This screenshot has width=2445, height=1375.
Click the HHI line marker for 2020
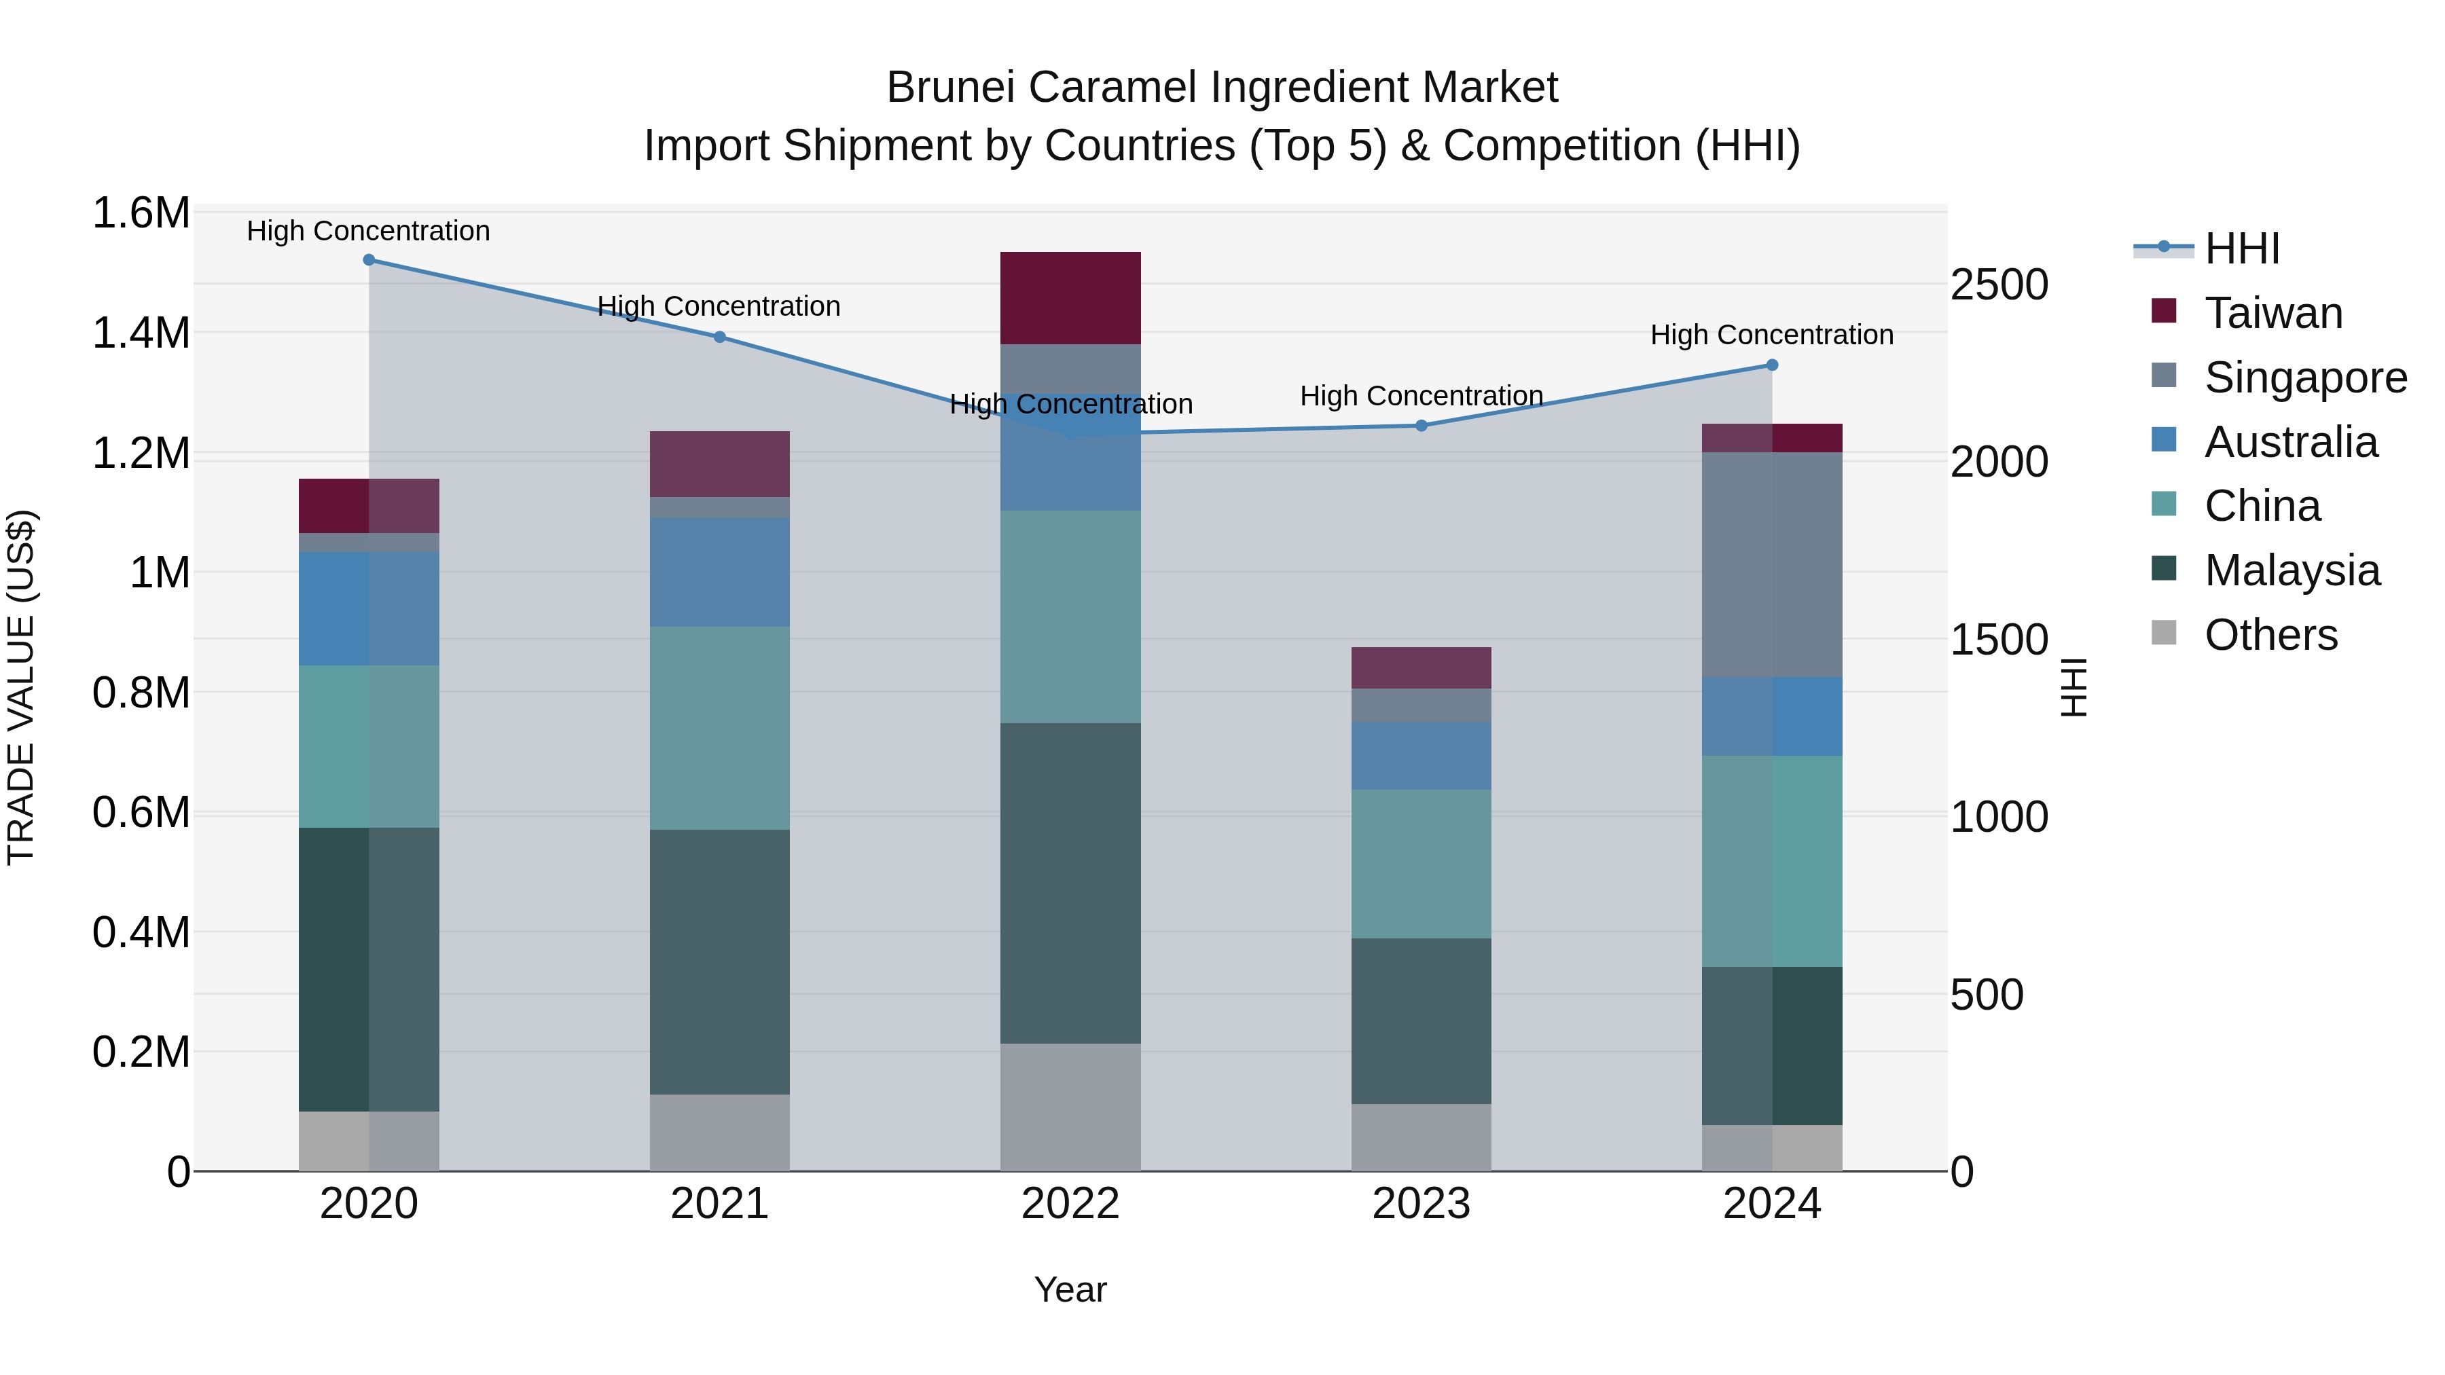pos(369,260)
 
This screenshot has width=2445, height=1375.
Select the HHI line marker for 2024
pos(1771,365)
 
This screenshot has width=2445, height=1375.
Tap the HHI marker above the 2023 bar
pos(1421,426)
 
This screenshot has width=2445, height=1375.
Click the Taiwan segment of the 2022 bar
pos(1070,298)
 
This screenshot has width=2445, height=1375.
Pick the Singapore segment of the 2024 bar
pos(1771,565)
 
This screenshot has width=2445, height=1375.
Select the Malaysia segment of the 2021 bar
pos(719,962)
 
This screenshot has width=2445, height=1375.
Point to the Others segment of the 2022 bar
pos(1070,1107)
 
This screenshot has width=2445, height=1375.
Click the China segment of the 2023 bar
pos(1421,864)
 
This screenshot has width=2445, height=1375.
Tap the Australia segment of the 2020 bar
pos(369,609)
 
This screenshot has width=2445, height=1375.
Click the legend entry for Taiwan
pos(2272,313)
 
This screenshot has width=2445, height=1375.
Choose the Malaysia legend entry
pos(2292,570)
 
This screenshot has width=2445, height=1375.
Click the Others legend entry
pos(2270,635)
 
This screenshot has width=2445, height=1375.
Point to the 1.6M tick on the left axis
pos(141,213)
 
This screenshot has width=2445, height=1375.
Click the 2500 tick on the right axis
pos(1999,285)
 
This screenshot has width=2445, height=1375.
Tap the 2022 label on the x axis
pos(1070,1204)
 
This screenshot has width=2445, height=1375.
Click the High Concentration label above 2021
pos(719,306)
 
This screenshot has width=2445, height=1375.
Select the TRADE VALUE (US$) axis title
pos(21,687)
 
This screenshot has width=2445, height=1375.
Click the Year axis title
pos(1070,1289)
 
